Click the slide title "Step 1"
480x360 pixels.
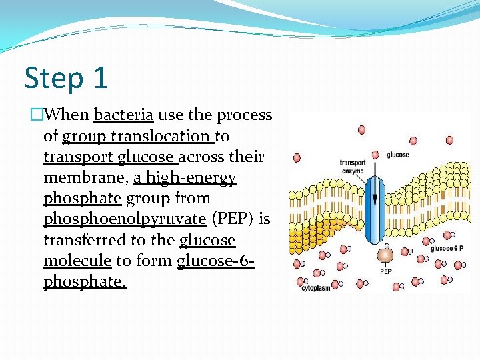point(65,78)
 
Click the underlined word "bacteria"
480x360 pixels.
point(124,115)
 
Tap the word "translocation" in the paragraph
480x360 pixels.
point(169,136)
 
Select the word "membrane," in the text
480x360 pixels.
point(85,178)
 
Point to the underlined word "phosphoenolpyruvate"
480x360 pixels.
point(124,219)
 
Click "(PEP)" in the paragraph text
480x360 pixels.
point(232,219)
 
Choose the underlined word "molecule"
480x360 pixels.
point(77,261)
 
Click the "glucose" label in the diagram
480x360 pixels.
point(397,155)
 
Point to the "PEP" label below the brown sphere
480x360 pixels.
point(385,272)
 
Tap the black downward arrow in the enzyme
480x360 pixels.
point(375,193)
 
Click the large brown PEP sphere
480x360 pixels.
point(385,255)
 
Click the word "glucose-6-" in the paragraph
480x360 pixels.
point(215,261)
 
